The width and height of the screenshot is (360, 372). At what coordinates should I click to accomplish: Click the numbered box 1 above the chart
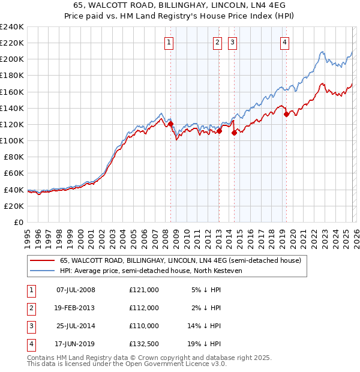[x=169, y=42]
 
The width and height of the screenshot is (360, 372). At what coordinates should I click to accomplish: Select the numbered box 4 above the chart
[x=284, y=42]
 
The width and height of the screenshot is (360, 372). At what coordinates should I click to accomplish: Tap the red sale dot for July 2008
[x=170, y=124]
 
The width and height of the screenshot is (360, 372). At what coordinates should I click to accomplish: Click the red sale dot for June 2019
[x=286, y=115]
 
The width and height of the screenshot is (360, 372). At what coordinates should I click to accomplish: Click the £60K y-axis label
[x=14, y=173]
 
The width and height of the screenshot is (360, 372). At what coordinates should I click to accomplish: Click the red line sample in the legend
[x=42, y=260]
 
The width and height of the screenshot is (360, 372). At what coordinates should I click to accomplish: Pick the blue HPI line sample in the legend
[x=42, y=270]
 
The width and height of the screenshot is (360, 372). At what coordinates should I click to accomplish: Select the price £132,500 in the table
[x=144, y=344]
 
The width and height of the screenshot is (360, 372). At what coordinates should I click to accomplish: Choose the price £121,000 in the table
[x=144, y=290]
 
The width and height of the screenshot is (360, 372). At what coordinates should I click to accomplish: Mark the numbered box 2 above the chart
[x=217, y=42]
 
